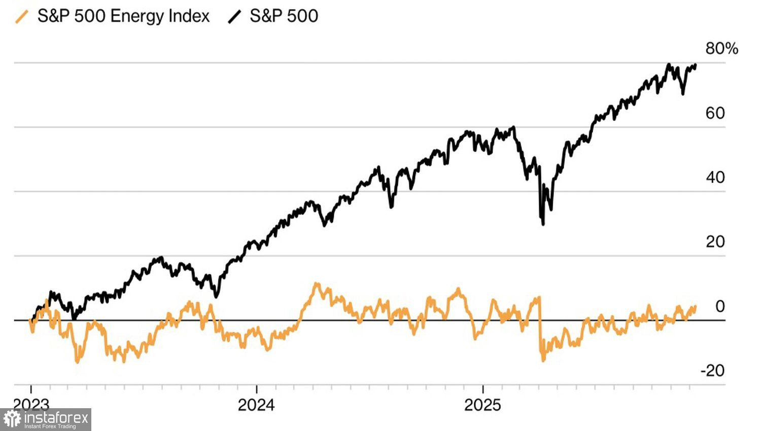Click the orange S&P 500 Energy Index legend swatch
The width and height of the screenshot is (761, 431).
[x=22, y=17]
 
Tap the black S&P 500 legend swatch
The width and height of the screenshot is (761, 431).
[x=234, y=17]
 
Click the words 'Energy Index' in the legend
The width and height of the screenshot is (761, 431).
[x=159, y=16]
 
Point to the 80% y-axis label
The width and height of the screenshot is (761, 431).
[x=721, y=49]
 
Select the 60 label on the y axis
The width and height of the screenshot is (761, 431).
[x=715, y=113]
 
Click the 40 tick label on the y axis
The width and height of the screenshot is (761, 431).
[x=715, y=177]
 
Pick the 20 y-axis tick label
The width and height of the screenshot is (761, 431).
[x=715, y=242]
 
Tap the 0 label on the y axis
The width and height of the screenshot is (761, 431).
[x=720, y=306]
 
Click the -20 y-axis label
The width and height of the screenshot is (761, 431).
[x=712, y=371]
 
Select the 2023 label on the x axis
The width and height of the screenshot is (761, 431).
[x=31, y=405]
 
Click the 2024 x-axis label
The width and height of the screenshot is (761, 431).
[x=256, y=405]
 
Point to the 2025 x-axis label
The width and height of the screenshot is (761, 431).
[x=482, y=405]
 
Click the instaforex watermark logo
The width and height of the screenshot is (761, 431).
[x=46, y=419]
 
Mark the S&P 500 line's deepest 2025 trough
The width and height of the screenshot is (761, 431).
[x=543, y=224]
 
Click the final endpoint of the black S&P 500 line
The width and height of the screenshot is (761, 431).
[x=695, y=65]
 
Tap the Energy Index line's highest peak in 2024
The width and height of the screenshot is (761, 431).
[x=317, y=284]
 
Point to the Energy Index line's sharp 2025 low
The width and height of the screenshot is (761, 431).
[x=543, y=360]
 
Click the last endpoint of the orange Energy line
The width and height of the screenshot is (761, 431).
[x=695, y=306]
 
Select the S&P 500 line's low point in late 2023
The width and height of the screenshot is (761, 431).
[x=216, y=296]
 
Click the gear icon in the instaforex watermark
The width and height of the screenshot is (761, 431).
[x=12, y=419]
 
